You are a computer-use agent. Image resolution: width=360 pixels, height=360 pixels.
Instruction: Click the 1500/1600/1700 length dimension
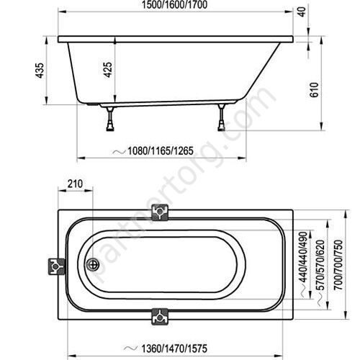click(x=174, y=5)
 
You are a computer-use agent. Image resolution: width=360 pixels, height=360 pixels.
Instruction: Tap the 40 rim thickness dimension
click(x=303, y=12)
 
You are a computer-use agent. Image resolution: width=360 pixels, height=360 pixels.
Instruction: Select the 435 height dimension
click(x=40, y=70)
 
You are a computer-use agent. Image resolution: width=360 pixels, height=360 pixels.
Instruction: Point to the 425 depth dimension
click(x=108, y=70)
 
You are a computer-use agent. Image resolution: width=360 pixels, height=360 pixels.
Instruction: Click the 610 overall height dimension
click(x=314, y=90)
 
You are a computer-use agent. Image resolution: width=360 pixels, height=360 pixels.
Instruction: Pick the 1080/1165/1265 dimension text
click(x=161, y=151)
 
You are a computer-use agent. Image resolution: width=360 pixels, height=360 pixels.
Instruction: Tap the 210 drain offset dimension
click(x=75, y=184)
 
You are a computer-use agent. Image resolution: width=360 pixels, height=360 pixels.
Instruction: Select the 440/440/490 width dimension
click(x=303, y=257)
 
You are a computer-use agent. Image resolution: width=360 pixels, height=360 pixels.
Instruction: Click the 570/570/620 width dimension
click(x=320, y=265)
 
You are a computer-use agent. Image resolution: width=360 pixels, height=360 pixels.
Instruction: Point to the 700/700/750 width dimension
click(x=338, y=265)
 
